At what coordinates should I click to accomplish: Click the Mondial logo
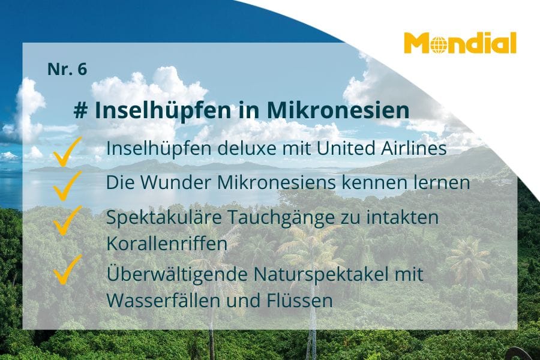tap(460, 43)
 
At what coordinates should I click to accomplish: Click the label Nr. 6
tap(67, 69)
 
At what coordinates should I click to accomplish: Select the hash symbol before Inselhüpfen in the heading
tap(80, 110)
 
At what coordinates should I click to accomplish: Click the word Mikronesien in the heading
tap(338, 110)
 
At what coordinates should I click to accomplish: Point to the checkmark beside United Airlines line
tap(67, 152)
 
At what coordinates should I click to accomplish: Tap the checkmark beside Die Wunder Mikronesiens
tap(67, 185)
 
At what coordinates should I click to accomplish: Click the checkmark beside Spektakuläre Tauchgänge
tap(67, 220)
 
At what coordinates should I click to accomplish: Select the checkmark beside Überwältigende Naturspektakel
tap(67, 270)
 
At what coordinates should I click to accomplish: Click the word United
tap(346, 148)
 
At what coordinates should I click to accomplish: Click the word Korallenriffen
tap(167, 244)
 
